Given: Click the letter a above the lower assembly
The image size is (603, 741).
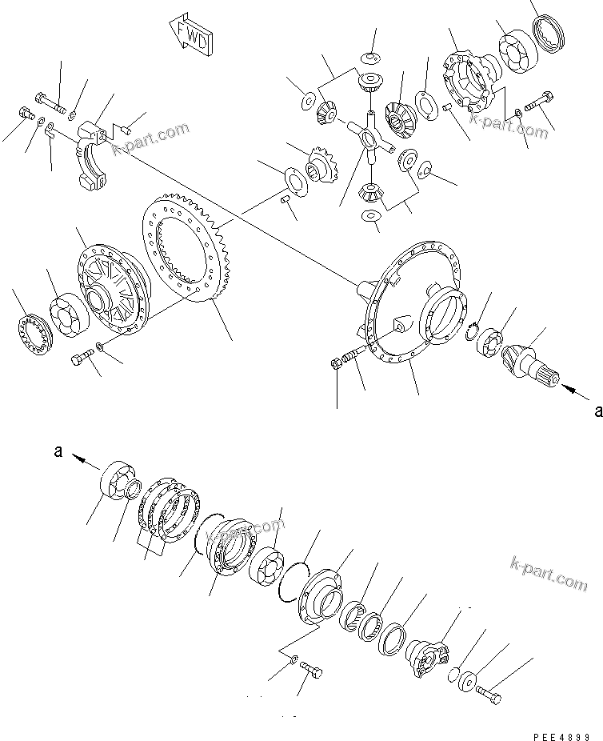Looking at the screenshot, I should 58,452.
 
